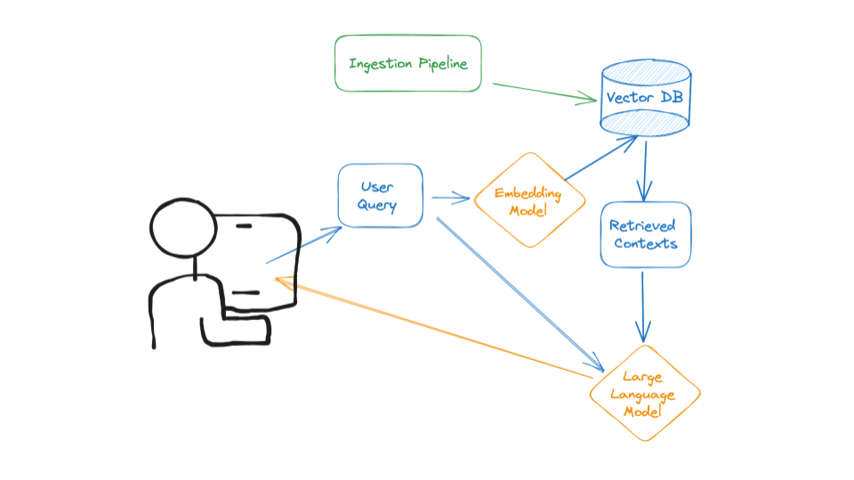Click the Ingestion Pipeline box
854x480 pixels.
407,63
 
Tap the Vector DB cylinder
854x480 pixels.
645,98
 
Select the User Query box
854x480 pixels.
380,196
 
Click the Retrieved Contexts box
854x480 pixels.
645,235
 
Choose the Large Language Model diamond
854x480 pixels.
645,393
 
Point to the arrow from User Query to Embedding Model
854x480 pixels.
450,199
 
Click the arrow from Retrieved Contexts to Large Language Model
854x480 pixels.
644,307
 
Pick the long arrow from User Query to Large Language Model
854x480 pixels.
516,293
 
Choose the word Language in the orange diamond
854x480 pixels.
645,394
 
